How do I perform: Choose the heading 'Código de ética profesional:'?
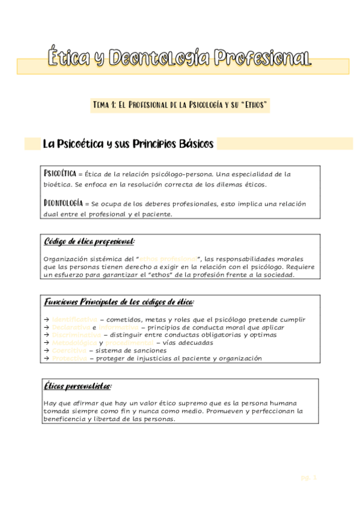click(89, 242)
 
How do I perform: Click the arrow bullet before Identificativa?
click(47, 319)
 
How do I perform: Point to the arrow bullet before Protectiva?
click(47, 358)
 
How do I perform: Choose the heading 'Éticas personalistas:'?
click(78, 386)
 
